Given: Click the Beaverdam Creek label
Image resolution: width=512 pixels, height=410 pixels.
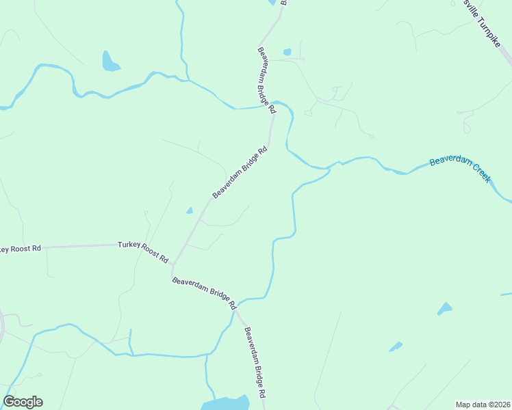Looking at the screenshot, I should [x=460, y=170].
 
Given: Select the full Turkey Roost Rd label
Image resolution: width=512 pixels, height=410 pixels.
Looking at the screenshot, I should [x=143, y=251].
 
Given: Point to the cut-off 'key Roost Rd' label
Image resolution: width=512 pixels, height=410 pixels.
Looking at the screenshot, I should [x=21, y=249].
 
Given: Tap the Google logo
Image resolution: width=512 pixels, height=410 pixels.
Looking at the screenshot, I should [x=23, y=402].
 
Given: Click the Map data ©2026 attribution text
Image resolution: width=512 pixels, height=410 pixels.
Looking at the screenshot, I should [x=483, y=404].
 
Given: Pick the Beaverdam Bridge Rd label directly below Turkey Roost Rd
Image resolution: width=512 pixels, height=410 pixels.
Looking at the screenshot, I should [x=204, y=292].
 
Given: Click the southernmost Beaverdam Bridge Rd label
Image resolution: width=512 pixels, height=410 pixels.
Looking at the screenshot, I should [x=255, y=363].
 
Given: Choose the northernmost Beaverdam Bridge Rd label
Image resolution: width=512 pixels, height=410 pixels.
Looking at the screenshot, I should [x=266, y=80].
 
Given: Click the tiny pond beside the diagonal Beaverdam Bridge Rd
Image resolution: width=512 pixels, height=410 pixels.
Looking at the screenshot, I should [x=189, y=210].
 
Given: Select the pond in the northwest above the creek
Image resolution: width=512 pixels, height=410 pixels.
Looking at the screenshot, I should [x=109, y=62].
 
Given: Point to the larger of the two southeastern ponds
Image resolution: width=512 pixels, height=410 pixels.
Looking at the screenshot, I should [x=445, y=309].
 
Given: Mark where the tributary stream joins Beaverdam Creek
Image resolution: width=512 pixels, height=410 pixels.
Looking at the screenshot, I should [x=329, y=167].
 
